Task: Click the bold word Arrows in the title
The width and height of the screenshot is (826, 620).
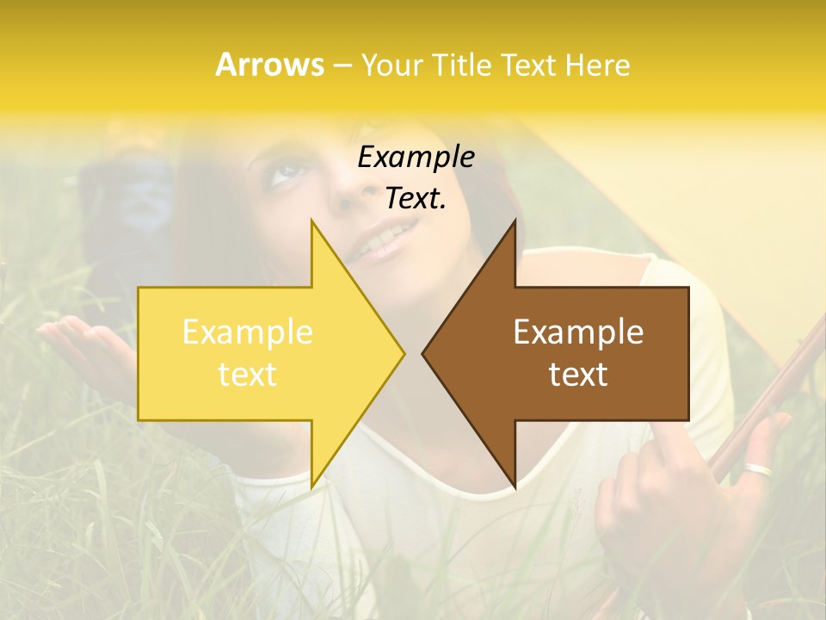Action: click(269, 65)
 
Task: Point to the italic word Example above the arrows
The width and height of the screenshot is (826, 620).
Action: click(416, 158)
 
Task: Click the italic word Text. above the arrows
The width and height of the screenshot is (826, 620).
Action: click(416, 199)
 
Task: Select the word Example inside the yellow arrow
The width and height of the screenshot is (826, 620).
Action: click(248, 332)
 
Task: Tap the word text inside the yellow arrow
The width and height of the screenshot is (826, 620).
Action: click(248, 375)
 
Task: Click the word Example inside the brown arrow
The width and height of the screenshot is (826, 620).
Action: click(578, 332)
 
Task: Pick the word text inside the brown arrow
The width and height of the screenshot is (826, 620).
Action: click(578, 375)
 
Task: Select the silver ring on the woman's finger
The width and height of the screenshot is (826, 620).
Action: click(759, 469)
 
